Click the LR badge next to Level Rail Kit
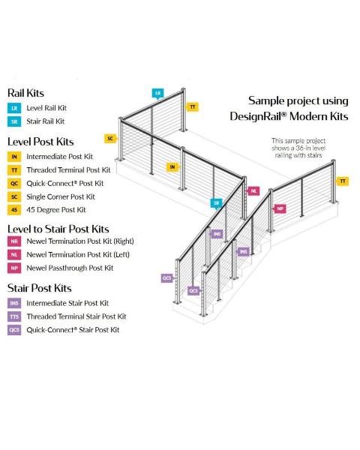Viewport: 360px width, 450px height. click(x=14, y=108)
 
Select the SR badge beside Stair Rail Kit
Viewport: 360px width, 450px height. click(x=14, y=121)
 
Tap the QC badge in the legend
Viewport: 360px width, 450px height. click(x=14, y=184)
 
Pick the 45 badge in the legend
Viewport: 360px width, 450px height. click(x=14, y=210)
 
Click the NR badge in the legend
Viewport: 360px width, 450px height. click(x=14, y=241)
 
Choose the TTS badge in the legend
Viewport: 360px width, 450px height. click(x=14, y=316)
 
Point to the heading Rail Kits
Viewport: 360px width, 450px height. click(x=25, y=93)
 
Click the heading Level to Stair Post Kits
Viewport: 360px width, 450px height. click(x=58, y=229)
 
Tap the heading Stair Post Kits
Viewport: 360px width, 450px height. click(x=40, y=288)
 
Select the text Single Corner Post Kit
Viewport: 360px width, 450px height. click(x=61, y=196)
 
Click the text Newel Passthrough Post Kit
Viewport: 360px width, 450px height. click(x=70, y=268)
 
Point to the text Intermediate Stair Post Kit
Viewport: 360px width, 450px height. click(x=67, y=303)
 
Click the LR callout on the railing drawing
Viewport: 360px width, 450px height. click(x=158, y=93)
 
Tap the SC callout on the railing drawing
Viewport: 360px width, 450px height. click(x=110, y=139)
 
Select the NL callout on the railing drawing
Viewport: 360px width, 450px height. click(x=253, y=190)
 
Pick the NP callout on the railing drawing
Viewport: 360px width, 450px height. click(x=280, y=208)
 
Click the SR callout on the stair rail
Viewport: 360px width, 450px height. click(x=216, y=203)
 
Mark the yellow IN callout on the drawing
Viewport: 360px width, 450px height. click(x=172, y=167)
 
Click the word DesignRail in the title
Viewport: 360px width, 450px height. click(x=258, y=116)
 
